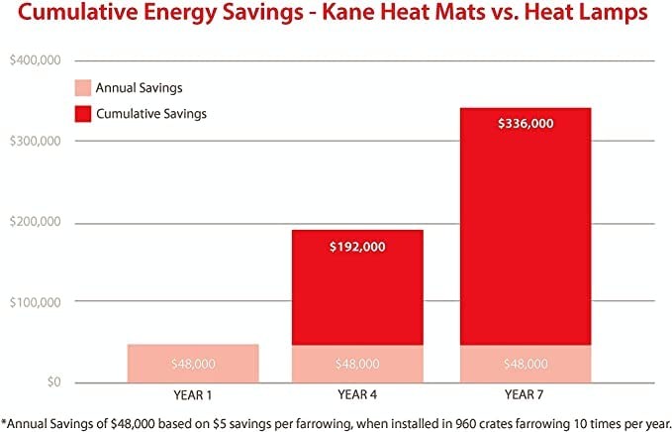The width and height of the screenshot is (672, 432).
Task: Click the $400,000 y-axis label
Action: click(35, 60)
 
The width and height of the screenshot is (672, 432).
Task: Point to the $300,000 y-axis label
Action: click(35, 141)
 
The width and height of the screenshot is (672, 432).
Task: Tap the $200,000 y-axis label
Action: click(35, 221)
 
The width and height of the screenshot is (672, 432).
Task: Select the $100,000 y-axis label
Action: click(35, 301)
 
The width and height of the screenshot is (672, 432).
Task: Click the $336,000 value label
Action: click(525, 124)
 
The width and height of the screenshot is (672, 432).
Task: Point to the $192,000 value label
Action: click(357, 247)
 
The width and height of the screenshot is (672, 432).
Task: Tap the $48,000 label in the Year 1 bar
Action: click(193, 364)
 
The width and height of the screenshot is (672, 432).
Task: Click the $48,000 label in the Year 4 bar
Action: click(357, 364)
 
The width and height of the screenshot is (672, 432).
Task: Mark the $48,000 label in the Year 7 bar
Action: click(525, 364)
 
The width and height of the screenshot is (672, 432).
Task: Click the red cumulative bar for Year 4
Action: click(357, 297)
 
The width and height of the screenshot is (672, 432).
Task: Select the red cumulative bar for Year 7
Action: click(525, 238)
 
